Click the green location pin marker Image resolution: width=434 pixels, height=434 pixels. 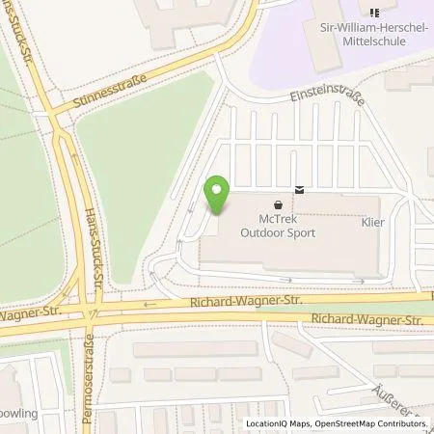217,196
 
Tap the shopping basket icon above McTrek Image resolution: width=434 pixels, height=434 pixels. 279,204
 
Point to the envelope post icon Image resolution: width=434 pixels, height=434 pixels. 300,189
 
